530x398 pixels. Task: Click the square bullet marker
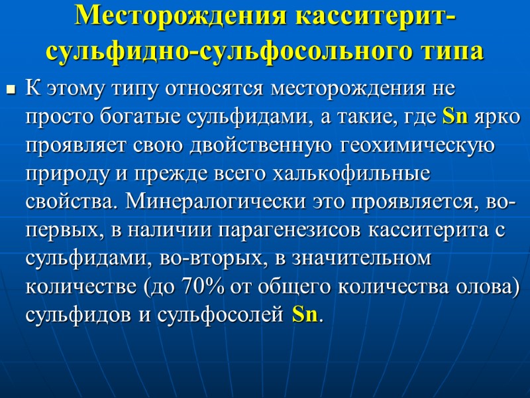click(10, 88)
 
